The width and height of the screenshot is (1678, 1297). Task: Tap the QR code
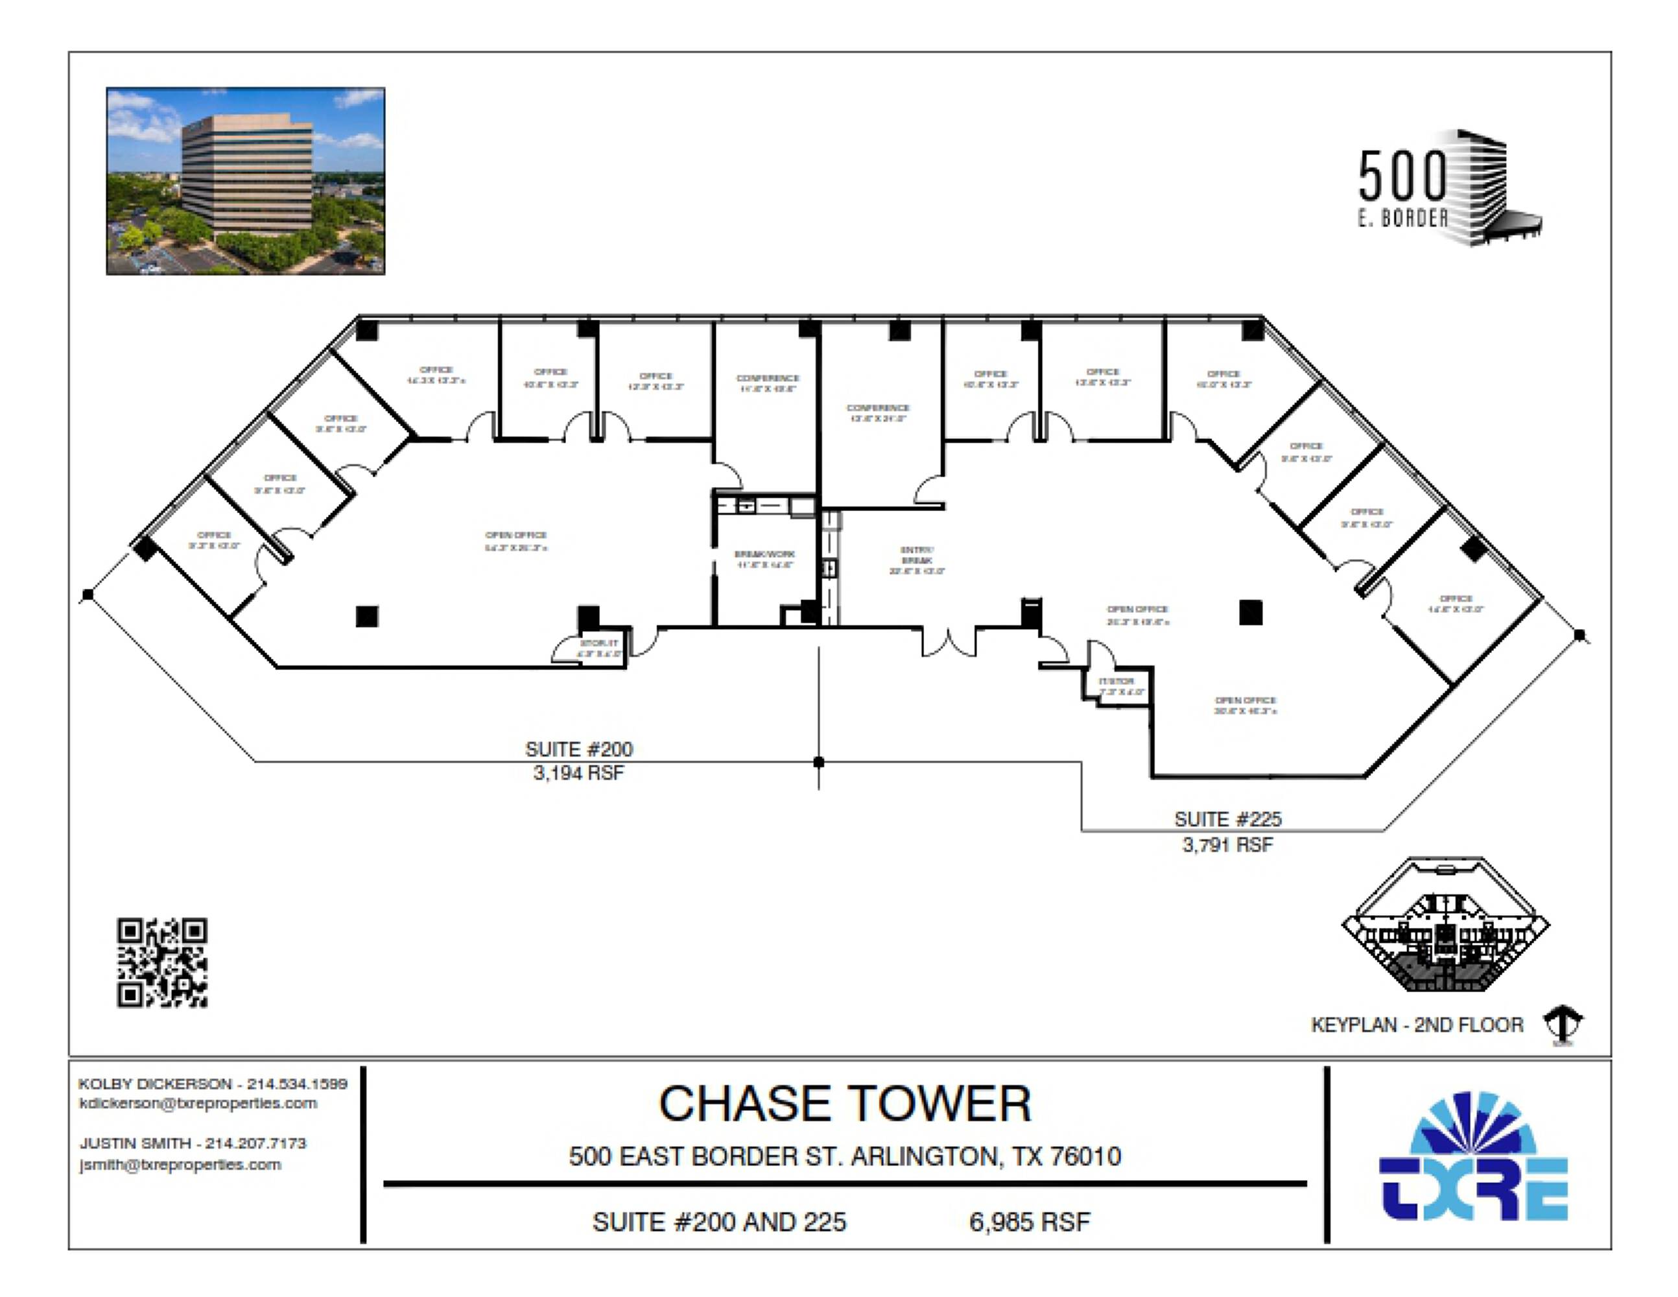tap(162, 962)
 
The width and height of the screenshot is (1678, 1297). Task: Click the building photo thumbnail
tap(245, 182)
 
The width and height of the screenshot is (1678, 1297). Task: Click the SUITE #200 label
tap(578, 749)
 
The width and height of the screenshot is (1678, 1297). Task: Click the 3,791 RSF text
tap(1227, 845)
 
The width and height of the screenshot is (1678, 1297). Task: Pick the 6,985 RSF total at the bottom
tap(1030, 1222)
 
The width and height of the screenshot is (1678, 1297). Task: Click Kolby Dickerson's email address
tap(198, 1103)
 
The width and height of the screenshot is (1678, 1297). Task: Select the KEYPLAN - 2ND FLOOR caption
tap(1416, 1025)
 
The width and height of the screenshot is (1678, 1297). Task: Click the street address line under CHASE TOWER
tap(844, 1156)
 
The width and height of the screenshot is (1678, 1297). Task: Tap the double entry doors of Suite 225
tap(949, 641)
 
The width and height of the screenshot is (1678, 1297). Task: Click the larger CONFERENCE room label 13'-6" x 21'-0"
tap(877, 412)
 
